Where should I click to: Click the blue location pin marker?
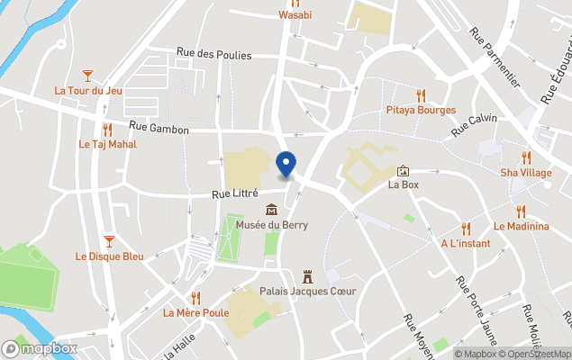(x=286, y=165)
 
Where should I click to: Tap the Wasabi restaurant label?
(x=295, y=14)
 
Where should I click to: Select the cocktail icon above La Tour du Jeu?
(x=87, y=76)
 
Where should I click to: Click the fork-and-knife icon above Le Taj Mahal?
(x=107, y=130)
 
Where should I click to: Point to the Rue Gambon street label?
(x=159, y=130)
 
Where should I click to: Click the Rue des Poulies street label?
(x=214, y=55)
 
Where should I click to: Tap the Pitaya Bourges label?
(x=421, y=110)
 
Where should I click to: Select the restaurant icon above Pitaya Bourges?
(x=421, y=95)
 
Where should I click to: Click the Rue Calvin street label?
(x=474, y=126)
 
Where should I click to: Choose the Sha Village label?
(x=526, y=172)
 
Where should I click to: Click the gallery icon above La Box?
(x=403, y=171)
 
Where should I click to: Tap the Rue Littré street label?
(x=235, y=193)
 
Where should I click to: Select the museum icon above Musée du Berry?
(x=271, y=210)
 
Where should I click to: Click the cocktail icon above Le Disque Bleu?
(x=109, y=240)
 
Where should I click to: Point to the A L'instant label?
(x=466, y=243)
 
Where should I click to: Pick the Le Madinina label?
(x=521, y=226)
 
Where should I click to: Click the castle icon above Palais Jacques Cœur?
(x=307, y=275)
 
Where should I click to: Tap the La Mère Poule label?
(x=195, y=313)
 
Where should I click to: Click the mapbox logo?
(x=41, y=348)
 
